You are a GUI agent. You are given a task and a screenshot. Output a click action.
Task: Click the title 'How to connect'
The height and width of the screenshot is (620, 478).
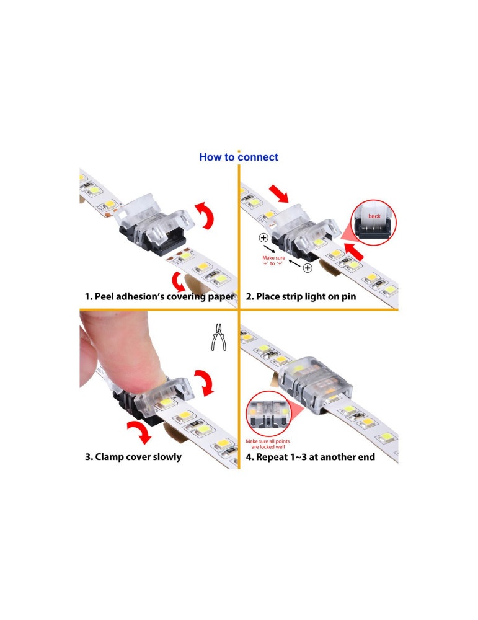[239, 157]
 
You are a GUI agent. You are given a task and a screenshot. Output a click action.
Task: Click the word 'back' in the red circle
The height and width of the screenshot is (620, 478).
[374, 216]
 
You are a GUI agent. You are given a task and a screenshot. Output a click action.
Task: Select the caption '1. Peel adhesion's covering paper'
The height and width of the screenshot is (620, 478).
[159, 296]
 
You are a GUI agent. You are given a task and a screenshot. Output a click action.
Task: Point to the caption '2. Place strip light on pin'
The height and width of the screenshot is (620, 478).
[301, 296]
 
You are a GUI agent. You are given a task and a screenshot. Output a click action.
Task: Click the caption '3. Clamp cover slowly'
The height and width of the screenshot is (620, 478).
[133, 457]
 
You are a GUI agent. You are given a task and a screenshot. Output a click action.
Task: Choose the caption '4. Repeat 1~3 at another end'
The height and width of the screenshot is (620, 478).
[311, 457]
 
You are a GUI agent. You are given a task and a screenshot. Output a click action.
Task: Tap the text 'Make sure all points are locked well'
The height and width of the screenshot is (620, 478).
[268, 444]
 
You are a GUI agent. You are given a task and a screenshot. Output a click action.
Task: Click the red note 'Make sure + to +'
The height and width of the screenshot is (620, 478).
[273, 260]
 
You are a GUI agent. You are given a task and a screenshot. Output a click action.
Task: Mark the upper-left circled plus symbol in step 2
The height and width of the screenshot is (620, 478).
[263, 237]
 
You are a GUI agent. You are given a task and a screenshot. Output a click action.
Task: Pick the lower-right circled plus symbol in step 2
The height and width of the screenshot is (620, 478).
[308, 268]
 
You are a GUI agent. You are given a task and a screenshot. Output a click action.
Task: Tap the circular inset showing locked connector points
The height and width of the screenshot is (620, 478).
[268, 414]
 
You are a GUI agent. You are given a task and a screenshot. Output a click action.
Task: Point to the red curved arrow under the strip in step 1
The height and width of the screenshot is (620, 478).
[179, 281]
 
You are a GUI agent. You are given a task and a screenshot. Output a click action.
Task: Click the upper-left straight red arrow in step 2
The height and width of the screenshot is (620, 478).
[279, 193]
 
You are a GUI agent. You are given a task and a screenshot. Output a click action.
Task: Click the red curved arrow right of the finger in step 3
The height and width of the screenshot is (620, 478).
[205, 382]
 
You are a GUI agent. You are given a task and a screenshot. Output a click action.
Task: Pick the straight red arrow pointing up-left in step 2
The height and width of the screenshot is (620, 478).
[354, 252]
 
